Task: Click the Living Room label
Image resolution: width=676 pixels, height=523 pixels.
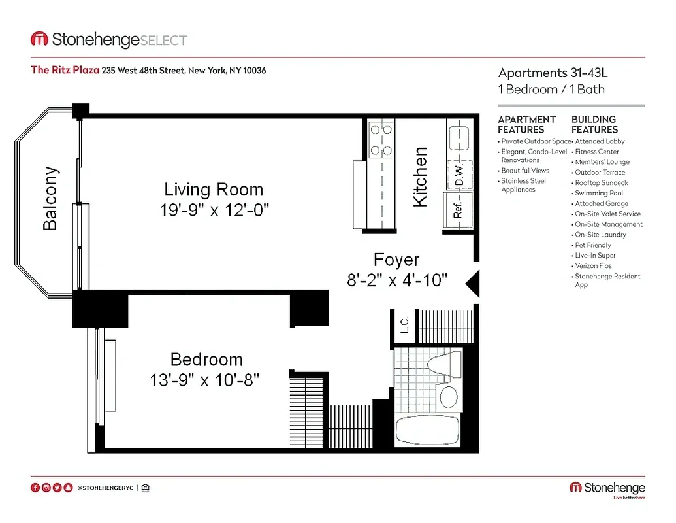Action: (x=214, y=190)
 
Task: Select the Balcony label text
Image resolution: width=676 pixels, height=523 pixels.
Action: (x=50, y=199)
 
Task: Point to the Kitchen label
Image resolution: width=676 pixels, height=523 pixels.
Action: (x=421, y=177)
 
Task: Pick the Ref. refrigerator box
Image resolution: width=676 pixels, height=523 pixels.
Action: (x=458, y=210)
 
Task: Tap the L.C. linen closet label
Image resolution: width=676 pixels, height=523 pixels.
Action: (x=404, y=324)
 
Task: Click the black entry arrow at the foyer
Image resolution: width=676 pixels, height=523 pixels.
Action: (x=472, y=282)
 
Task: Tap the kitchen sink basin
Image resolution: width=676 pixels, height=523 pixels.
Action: (x=460, y=139)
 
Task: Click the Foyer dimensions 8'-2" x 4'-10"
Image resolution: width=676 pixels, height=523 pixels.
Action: (x=396, y=280)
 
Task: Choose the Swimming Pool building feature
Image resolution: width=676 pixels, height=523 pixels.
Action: (x=599, y=193)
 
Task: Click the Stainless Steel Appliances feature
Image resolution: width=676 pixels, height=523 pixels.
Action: (x=523, y=185)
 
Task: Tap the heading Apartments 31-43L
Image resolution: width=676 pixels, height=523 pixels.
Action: (x=552, y=73)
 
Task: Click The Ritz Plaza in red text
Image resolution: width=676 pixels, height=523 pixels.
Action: (x=65, y=70)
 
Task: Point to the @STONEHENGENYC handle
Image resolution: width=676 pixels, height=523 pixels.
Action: (x=105, y=488)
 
